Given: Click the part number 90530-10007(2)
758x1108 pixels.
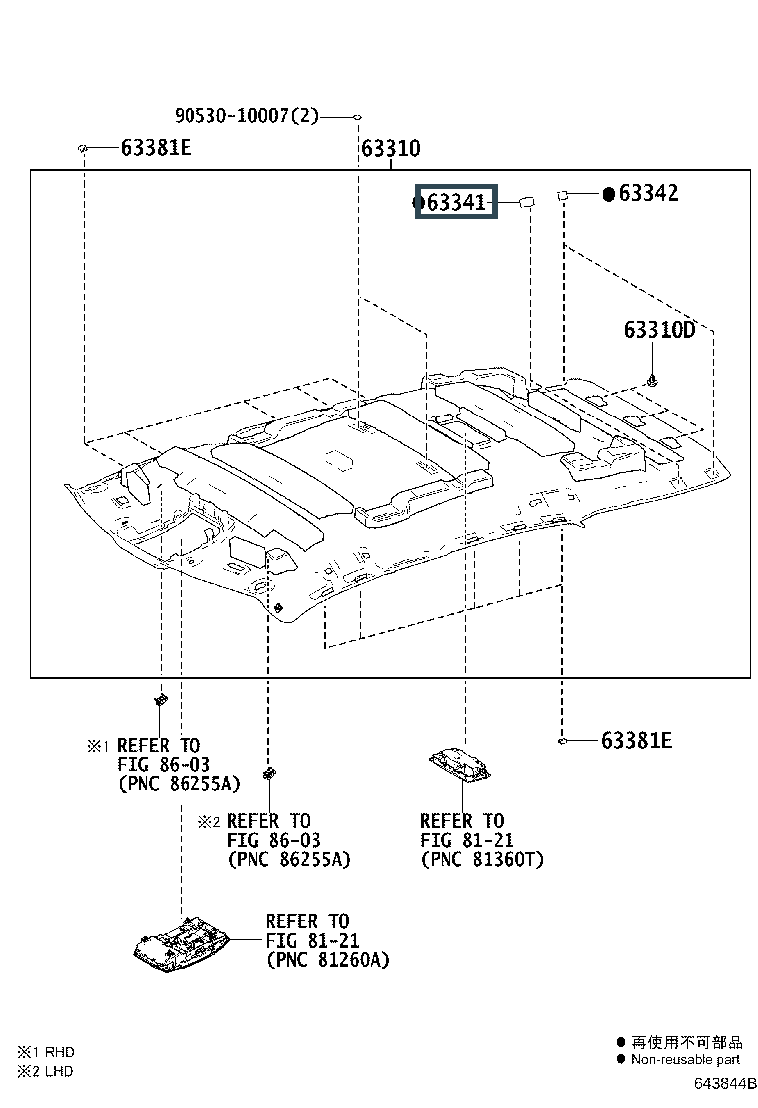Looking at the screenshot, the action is click(x=246, y=116).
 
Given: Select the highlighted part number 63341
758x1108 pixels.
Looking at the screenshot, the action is click(x=456, y=203).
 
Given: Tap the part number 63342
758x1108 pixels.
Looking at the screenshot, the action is click(x=648, y=193).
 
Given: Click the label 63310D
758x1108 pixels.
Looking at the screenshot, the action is click(x=659, y=329).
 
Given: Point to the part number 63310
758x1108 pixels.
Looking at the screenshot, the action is click(x=390, y=149).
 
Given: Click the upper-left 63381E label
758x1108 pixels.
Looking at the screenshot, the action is click(x=156, y=148).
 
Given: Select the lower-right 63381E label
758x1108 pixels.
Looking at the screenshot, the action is click(x=636, y=740).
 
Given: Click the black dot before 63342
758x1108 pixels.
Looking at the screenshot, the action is click(x=608, y=194).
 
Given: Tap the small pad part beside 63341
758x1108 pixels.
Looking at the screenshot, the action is click(x=526, y=203).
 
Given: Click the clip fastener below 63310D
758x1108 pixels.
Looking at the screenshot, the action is click(x=652, y=382).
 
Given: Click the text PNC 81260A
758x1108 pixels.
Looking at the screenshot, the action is click(x=328, y=960).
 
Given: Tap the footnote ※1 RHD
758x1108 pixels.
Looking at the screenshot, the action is click(x=45, y=1052).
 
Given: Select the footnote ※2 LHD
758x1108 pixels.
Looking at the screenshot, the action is click(x=45, y=1071).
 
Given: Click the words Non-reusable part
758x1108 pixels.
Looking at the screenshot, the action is click(x=685, y=1059).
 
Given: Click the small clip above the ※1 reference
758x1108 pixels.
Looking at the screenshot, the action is click(x=161, y=701).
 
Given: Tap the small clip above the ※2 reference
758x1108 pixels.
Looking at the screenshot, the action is click(x=268, y=773).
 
